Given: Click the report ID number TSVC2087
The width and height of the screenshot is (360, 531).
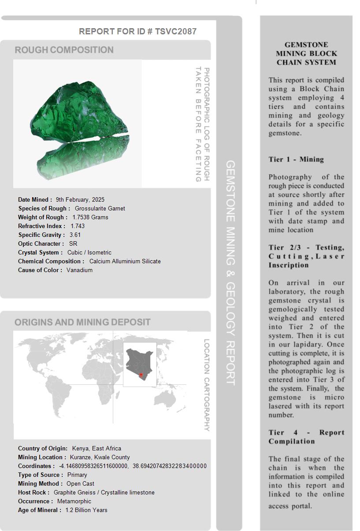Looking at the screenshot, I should pyautogui.click(x=175, y=31).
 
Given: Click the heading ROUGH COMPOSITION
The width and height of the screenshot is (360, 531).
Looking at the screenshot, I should pyautogui.click(x=64, y=50).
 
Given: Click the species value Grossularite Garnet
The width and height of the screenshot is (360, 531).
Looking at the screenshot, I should pyautogui.click(x=100, y=208).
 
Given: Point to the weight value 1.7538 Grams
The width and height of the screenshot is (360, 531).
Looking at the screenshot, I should pyautogui.click(x=90, y=217).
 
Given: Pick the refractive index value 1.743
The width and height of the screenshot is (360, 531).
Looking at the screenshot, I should pyautogui.click(x=78, y=226).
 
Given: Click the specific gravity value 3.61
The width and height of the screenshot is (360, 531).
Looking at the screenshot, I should pyautogui.click(x=75, y=235).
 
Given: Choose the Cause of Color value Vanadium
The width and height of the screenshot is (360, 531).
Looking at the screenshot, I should pyautogui.click(x=79, y=270).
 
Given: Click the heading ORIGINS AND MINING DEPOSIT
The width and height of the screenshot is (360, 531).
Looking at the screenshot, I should pyautogui.click(x=82, y=322).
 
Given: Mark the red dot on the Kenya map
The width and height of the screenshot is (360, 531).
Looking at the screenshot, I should pyautogui.click(x=141, y=375).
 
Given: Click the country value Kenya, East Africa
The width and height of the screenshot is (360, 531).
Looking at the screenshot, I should pyautogui.click(x=96, y=448).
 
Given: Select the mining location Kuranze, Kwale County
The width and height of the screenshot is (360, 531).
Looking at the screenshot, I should pyautogui.click(x=100, y=457).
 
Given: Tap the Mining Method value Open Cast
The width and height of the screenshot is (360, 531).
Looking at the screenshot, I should pyautogui.click(x=80, y=483).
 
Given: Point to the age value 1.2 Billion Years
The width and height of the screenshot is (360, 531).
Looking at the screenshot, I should pyautogui.click(x=86, y=510).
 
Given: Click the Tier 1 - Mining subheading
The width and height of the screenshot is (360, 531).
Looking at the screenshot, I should pyautogui.click(x=296, y=159).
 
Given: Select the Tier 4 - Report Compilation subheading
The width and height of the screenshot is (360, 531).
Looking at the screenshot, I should pyautogui.click(x=306, y=437).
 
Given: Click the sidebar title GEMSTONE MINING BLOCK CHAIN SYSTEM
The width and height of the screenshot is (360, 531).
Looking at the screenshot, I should pyautogui.click(x=306, y=53).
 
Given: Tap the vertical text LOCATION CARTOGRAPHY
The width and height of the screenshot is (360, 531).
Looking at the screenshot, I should pyautogui.click(x=206, y=385).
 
